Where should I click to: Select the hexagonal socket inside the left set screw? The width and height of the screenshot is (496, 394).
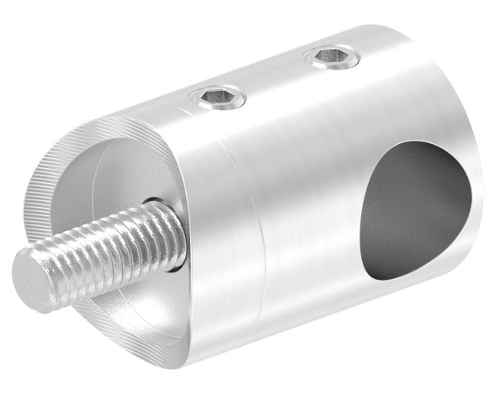[217, 100]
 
